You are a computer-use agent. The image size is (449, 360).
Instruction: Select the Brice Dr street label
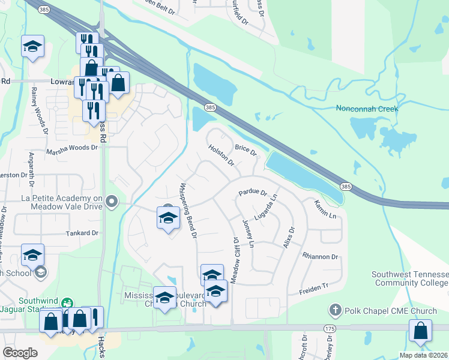246,150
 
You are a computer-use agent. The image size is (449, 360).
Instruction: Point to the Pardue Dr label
252,193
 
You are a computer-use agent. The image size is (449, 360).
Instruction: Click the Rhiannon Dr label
321,256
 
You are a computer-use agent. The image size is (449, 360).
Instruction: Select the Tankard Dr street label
82,232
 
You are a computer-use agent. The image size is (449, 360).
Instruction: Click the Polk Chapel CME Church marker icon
335,311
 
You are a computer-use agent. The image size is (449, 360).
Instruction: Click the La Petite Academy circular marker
112,202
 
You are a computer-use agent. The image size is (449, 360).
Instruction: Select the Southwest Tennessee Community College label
409,278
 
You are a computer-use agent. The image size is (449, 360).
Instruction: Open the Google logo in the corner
20,353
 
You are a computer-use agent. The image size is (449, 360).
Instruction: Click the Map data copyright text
423,355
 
